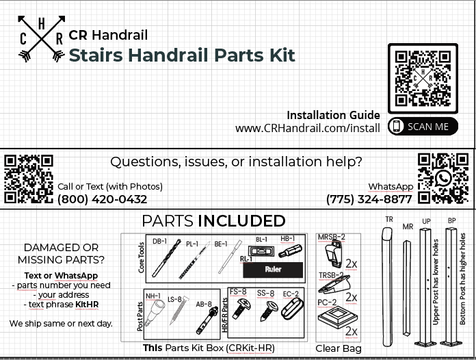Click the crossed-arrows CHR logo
41,39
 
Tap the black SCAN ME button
423,126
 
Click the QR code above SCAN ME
423,78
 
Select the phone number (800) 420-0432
102,200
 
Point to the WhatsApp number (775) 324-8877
369,200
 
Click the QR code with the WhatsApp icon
443,178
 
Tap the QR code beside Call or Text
28,178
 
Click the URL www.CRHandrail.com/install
307,129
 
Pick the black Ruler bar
272,270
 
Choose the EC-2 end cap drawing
292,315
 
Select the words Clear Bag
339,348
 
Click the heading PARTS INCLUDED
213,221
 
